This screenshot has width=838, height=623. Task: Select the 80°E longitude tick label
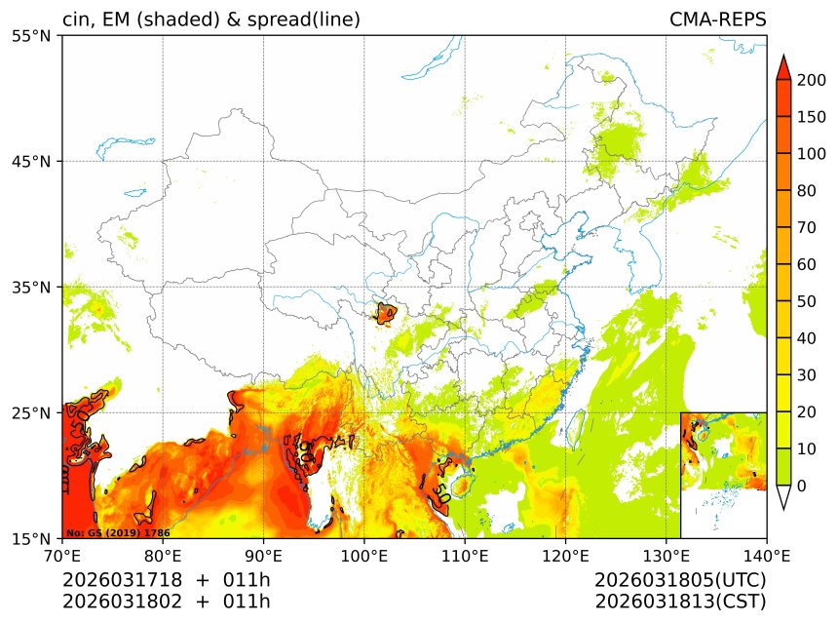coord(163,557)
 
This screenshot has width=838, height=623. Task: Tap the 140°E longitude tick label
coord(766,557)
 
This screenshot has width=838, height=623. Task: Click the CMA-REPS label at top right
coord(717,19)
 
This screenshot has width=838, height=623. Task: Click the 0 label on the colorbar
coord(800,486)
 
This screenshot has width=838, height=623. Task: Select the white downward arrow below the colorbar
coord(782,497)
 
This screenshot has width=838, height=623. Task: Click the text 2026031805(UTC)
coord(680,580)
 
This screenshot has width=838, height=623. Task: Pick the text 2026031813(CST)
coord(680,602)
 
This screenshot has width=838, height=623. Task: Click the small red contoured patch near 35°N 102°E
coord(386,314)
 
